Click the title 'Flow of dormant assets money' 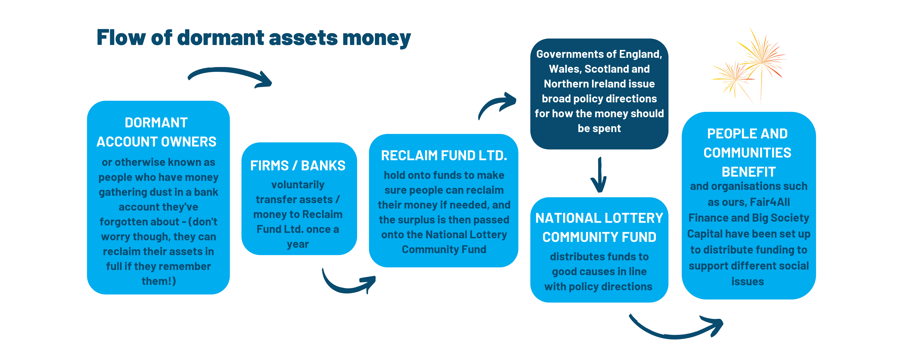click(x=253, y=38)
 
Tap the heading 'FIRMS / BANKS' click(x=298, y=166)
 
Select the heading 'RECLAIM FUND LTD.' click(x=444, y=155)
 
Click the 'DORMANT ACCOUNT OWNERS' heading click(x=157, y=132)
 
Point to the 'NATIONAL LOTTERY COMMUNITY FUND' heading click(x=599, y=227)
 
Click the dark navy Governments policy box click(x=599, y=94)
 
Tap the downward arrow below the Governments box click(x=600, y=175)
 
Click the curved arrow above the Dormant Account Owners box click(x=229, y=72)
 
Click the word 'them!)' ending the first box click(x=159, y=281)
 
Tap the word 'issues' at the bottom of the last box click(x=748, y=282)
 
